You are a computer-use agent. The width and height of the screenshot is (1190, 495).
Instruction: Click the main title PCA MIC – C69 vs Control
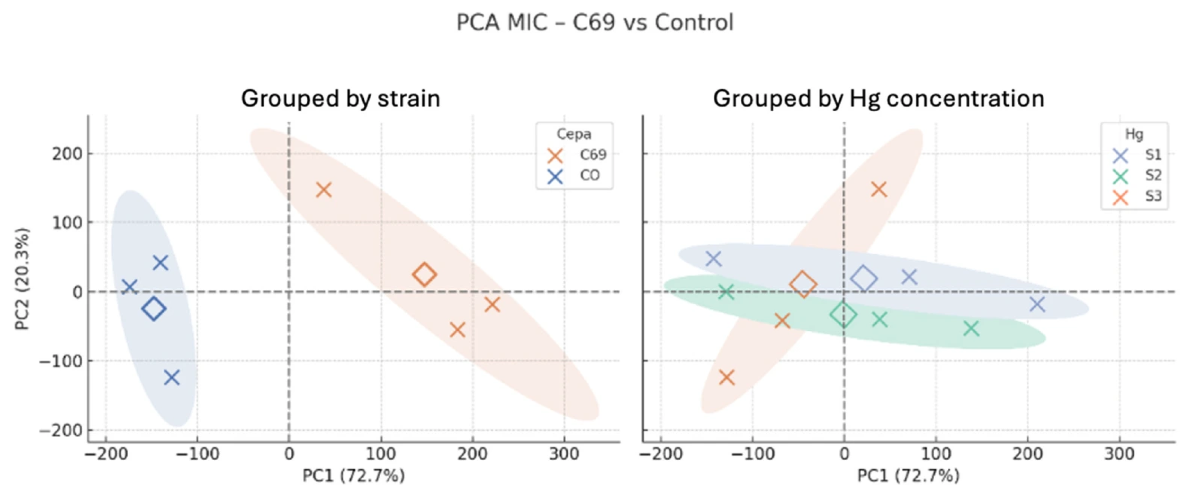pos(595,22)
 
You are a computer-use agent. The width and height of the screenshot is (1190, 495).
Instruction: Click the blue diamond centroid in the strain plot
pos(154,309)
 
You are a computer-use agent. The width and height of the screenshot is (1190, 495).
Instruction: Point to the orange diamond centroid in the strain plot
pos(424,275)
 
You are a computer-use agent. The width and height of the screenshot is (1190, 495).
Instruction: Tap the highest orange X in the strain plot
pos(324,189)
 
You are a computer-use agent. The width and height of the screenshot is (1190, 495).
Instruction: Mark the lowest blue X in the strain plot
pos(172,378)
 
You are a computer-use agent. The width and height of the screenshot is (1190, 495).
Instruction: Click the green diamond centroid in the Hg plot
pos(843,315)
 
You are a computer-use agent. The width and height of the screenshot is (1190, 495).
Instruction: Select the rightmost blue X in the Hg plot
pos(1038,305)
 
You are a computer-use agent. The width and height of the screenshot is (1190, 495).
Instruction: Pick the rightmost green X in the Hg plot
pos(972,328)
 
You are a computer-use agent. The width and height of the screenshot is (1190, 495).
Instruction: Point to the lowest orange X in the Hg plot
pos(727,378)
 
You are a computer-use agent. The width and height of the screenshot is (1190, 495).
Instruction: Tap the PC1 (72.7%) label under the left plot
pos(354,475)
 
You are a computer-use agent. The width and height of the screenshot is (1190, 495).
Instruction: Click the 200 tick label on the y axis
pos(67,154)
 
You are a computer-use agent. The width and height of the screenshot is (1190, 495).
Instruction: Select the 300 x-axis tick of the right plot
pos(1119,454)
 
